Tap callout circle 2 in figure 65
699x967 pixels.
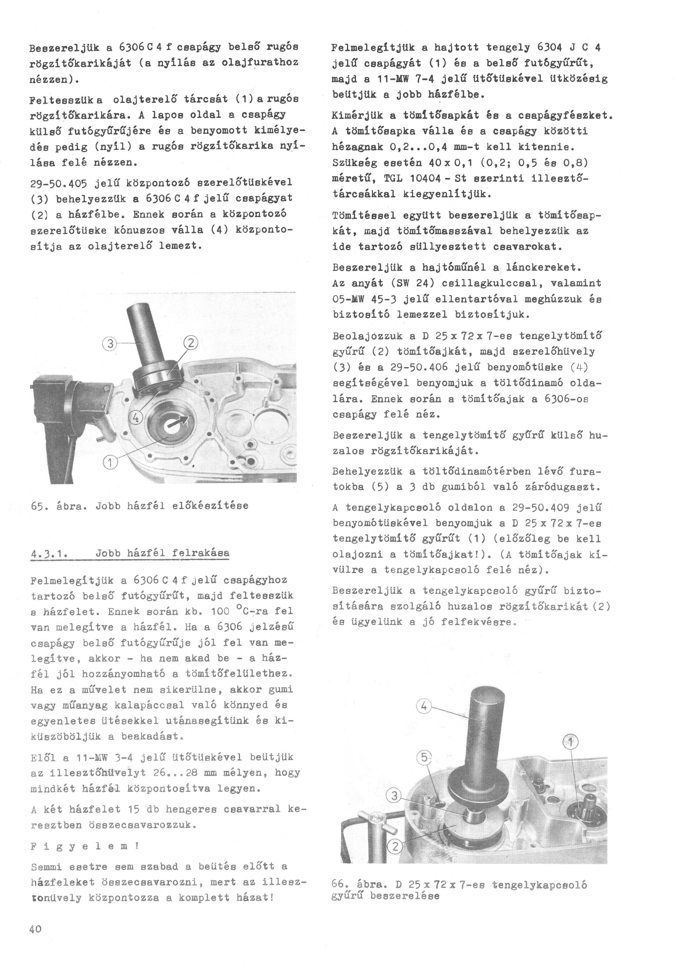pyautogui.click(x=191, y=343)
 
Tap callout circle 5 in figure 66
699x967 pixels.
pyautogui.click(x=424, y=757)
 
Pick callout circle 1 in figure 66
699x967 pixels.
pyautogui.click(x=571, y=742)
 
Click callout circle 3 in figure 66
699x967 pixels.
pyautogui.click(x=394, y=795)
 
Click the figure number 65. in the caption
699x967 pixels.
pyautogui.click(x=40, y=506)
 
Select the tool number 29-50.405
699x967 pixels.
pyautogui.click(x=59, y=183)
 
